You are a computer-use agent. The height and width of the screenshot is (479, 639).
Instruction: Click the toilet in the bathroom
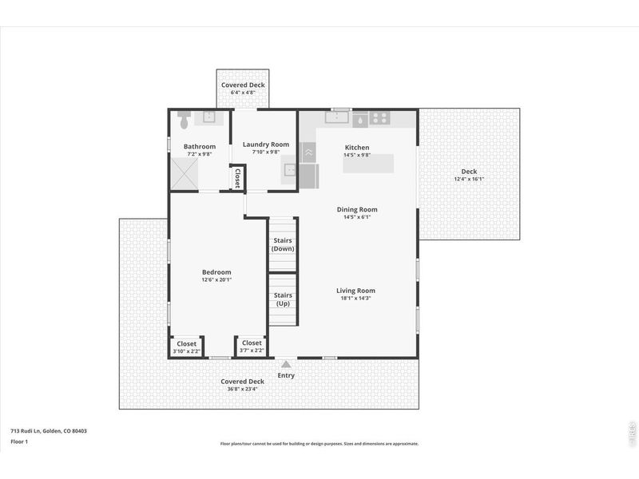coord(183,121)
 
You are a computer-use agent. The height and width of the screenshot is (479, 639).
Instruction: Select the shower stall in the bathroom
coord(185,172)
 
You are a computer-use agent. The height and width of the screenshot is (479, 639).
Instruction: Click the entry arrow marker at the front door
coord(285,363)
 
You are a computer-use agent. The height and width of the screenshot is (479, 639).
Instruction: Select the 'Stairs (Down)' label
coord(283,243)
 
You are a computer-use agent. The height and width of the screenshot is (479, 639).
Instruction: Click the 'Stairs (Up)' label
coord(283,299)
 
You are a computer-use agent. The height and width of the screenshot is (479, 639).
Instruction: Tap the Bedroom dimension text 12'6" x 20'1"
coord(216,279)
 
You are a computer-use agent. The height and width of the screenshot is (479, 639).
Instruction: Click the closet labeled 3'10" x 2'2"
coord(186,346)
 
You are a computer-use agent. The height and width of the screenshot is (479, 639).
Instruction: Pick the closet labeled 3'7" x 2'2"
coord(252,346)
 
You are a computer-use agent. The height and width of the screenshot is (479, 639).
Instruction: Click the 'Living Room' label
coord(356,291)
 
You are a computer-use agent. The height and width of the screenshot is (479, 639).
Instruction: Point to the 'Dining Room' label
coord(356,209)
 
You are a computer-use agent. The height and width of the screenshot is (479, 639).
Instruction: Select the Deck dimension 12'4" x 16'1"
coord(469,179)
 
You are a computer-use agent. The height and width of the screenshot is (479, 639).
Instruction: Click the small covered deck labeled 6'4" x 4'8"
coord(243,89)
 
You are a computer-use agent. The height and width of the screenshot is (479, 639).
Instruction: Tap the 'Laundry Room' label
coord(265,144)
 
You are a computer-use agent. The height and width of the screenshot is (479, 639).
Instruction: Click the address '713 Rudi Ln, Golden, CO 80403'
coord(49,431)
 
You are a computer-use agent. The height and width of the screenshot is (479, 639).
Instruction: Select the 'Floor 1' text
coord(19,441)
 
